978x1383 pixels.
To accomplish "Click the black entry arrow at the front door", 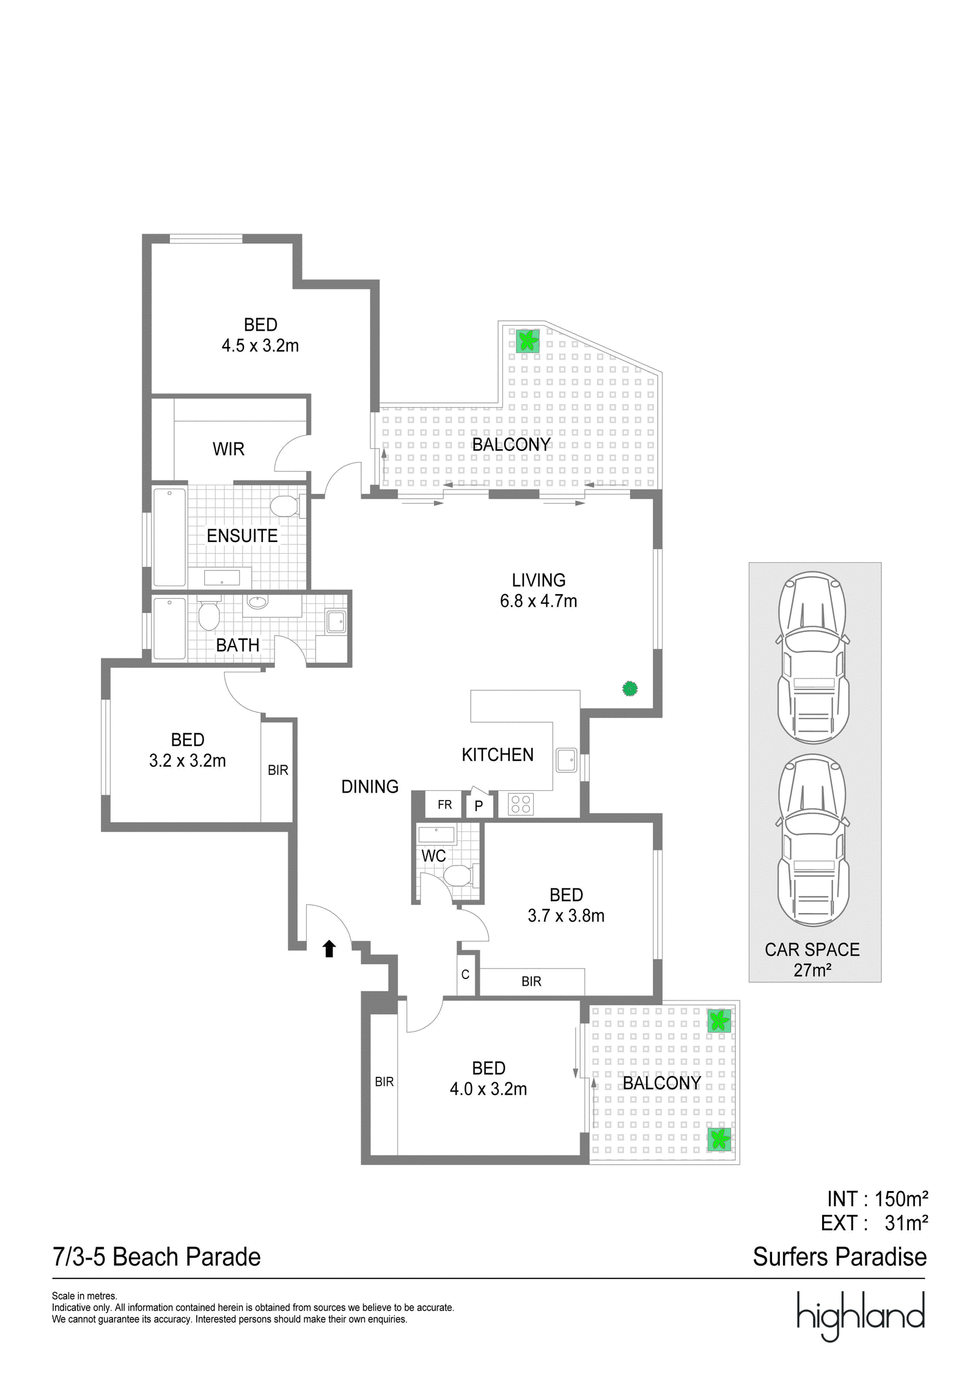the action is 329,948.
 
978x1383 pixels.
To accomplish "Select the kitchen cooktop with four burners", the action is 521,804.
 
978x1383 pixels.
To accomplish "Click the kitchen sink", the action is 567,760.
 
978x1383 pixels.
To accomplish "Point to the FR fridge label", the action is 444,805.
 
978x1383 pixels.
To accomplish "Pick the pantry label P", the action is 479,806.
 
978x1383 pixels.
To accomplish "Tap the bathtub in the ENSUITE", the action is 169,537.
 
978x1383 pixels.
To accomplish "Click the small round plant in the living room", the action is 630,689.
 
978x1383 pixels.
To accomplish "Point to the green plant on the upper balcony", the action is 527,340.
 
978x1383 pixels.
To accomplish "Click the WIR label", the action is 229,449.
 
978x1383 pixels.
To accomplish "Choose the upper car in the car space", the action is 812,658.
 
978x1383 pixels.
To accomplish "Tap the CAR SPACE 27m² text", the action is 812,959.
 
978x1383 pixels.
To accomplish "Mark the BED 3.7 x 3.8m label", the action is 566,905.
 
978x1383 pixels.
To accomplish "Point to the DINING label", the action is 370,787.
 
